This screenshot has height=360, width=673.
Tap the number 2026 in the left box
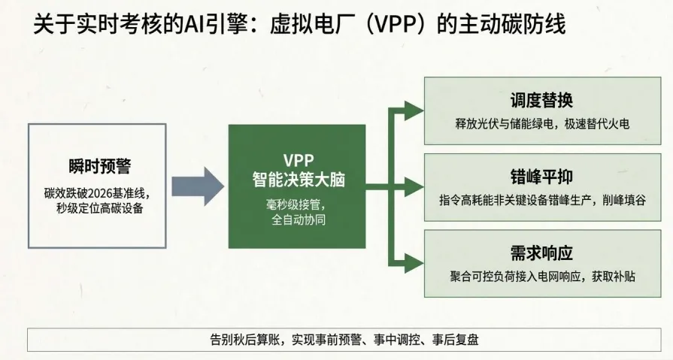point(92,192)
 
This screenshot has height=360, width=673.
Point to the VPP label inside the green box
point(298,159)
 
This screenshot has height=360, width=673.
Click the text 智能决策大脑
point(298,179)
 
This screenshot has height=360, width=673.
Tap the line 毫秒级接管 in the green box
point(298,204)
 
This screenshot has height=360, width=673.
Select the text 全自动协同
point(298,220)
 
